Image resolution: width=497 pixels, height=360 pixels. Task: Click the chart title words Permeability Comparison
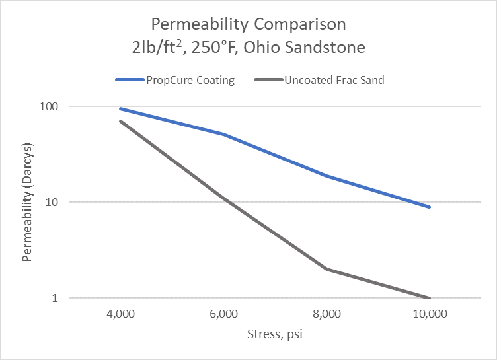[x=248, y=25]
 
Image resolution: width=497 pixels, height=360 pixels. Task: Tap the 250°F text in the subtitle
[x=231, y=48]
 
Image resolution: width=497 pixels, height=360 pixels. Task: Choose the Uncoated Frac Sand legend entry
[x=334, y=81]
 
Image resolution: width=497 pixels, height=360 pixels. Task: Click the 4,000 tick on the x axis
[x=120, y=314]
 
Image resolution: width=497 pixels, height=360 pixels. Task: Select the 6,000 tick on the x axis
[x=223, y=314]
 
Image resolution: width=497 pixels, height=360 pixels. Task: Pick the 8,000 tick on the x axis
[x=326, y=314]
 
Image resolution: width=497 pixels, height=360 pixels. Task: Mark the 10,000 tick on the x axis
[x=430, y=314]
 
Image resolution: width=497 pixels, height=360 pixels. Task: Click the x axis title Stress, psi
[x=275, y=334]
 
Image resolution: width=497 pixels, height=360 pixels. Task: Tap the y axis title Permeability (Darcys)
[x=27, y=201]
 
